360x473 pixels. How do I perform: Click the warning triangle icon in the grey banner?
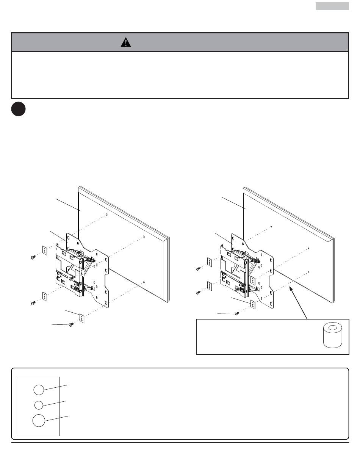click(126, 42)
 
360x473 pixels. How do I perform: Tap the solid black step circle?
click(19, 109)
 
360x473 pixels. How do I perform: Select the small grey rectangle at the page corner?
click(332, 6)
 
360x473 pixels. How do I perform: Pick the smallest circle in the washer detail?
click(39, 405)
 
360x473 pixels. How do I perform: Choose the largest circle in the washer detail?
click(38, 421)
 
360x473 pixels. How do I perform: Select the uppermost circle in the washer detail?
click(38, 389)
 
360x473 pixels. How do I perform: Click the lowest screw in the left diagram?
click(70, 325)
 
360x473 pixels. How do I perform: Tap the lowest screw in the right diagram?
click(237, 313)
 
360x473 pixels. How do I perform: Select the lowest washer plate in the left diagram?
click(82, 318)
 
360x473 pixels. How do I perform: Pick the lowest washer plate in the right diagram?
click(252, 304)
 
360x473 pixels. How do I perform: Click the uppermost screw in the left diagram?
click(33, 257)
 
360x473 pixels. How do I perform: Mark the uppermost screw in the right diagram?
click(198, 269)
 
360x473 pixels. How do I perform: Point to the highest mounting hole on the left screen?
click(106, 215)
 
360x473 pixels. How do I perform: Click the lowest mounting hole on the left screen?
click(144, 282)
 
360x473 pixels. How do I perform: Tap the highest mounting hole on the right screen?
click(272, 227)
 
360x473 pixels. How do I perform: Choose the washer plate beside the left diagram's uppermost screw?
click(44, 251)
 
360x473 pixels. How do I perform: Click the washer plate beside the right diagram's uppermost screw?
click(210, 262)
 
